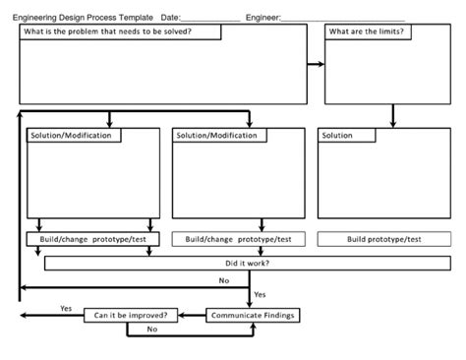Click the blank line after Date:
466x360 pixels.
[x=211, y=20]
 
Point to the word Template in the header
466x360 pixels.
[x=133, y=18]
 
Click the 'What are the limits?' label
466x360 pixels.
[x=367, y=31]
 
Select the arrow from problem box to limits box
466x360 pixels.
[x=316, y=64]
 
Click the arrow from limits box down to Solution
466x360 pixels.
[x=393, y=115]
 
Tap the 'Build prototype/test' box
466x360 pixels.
[x=383, y=239]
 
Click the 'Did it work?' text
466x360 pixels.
[x=248, y=263]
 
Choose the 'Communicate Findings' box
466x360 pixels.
[x=252, y=315]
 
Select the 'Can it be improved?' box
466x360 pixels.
[x=131, y=315]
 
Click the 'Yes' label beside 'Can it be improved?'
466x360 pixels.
[x=66, y=308]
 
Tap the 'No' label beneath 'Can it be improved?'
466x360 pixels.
[x=151, y=330]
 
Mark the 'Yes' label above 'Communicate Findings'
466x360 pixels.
[x=260, y=294]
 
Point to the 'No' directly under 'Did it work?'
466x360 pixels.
[x=223, y=280]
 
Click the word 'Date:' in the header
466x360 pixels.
[x=170, y=18]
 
